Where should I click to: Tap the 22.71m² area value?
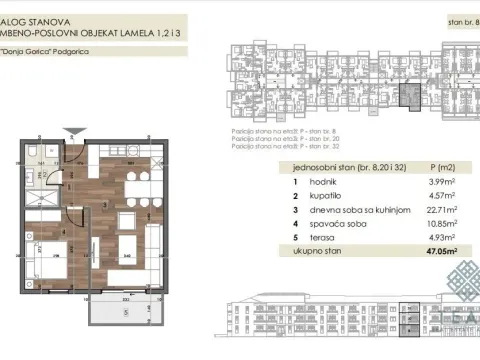[x=443, y=211]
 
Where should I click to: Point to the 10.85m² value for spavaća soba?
[x=443, y=226]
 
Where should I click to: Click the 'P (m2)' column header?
[x=440, y=166]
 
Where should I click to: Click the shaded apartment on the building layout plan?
[x=407, y=96]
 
